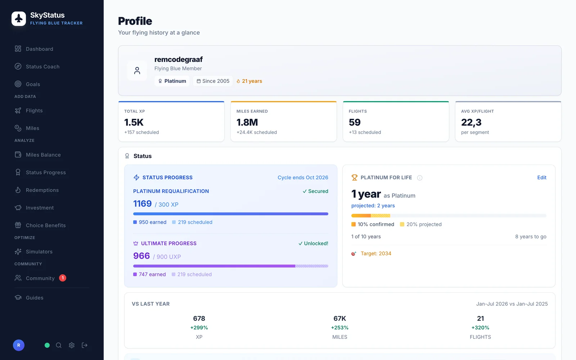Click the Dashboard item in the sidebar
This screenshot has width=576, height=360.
click(x=39, y=49)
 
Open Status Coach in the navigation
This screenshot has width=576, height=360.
click(x=42, y=66)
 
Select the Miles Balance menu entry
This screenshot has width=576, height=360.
click(x=43, y=154)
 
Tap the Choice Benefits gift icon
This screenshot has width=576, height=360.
click(x=18, y=225)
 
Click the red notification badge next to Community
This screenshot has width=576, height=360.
click(x=63, y=278)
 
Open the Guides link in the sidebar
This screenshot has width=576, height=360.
click(x=35, y=297)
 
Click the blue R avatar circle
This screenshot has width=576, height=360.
click(x=19, y=345)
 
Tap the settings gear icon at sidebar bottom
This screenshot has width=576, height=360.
click(x=72, y=345)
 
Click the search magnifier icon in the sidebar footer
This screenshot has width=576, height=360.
click(x=59, y=345)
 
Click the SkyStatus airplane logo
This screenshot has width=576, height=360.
click(x=19, y=18)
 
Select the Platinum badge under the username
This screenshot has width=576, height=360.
click(x=172, y=81)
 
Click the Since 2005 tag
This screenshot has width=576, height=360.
click(x=213, y=81)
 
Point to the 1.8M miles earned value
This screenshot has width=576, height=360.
click(x=247, y=122)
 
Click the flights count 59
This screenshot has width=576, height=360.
click(x=355, y=122)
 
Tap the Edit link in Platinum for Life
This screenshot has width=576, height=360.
click(x=542, y=177)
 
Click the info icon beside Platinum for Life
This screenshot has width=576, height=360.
click(x=420, y=178)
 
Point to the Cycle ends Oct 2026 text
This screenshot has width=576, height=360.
click(x=303, y=177)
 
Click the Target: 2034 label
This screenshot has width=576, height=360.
click(x=376, y=253)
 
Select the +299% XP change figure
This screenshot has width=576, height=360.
click(x=199, y=327)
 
